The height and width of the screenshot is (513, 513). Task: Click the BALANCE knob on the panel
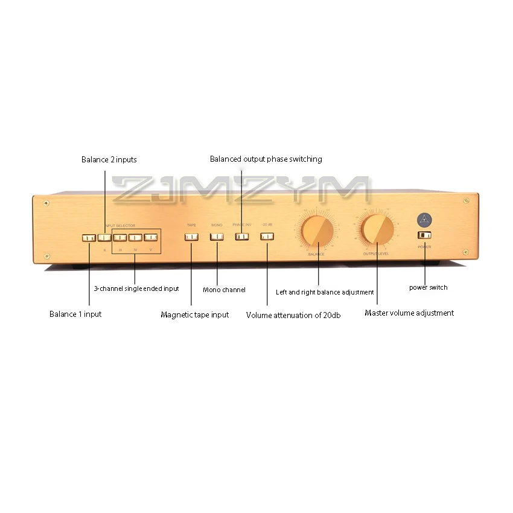[316, 231]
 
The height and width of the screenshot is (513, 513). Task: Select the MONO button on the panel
[217, 236]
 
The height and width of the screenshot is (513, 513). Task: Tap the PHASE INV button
[242, 236]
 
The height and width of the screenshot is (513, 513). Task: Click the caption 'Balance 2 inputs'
[109, 160]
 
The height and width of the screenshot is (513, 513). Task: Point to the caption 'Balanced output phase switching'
[266, 159]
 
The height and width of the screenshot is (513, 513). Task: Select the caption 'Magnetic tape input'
[194, 315]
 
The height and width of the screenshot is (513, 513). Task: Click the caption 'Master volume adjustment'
[409, 313]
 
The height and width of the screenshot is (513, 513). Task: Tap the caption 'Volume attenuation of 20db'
[293, 315]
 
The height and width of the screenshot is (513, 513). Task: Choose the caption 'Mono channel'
[224, 290]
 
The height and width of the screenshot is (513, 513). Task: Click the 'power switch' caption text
[429, 288]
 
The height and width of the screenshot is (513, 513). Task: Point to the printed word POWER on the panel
[424, 247]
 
